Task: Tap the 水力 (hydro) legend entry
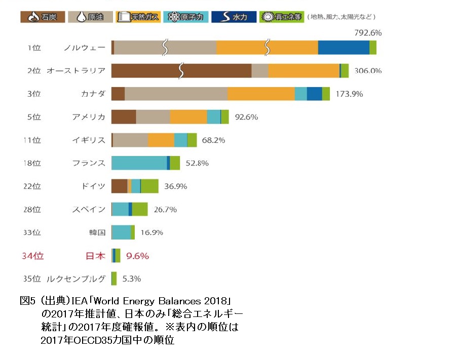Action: coord(234,17)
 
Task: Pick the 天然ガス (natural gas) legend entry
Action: coord(138,17)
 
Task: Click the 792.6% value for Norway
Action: coord(367,33)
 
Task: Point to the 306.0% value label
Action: coord(367,71)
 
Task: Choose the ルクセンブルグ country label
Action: coord(75,278)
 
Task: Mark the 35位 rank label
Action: coord(32,278)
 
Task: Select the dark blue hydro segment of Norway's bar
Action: coord(344,48)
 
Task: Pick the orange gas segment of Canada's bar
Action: coord(260,94)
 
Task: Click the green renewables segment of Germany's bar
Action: coord(149,186)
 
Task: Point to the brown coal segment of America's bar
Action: coord(123,117)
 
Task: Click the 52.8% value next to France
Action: coord(198,163)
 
